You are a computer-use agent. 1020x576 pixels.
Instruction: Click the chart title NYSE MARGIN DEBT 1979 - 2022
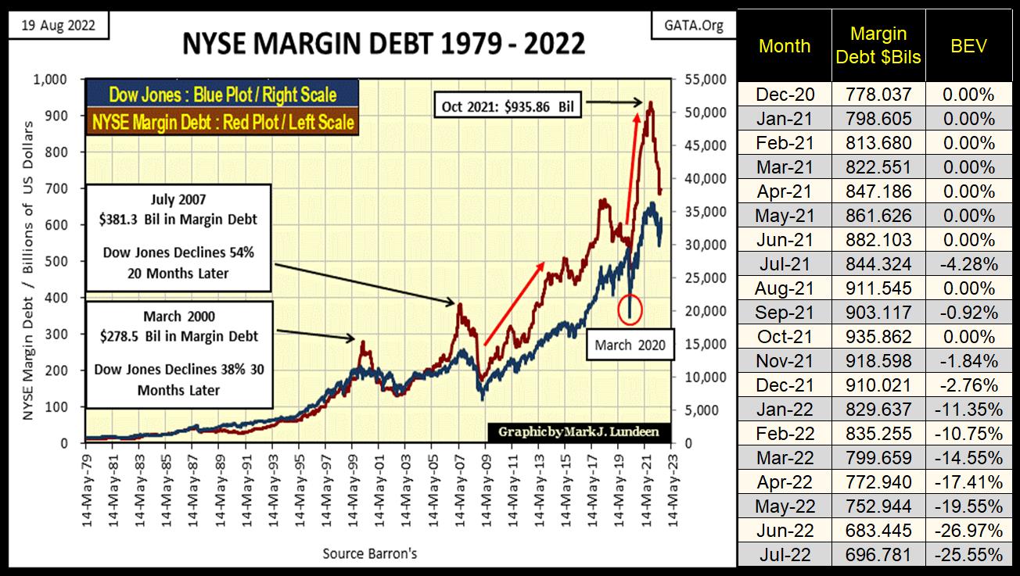click(383, 43)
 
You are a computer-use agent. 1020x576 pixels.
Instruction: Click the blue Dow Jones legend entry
click(222, 95)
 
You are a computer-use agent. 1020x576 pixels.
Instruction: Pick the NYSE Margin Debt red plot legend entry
click(222, 122)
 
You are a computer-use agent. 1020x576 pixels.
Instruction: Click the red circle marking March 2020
click(630, 309)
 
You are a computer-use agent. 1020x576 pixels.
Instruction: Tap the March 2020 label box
click(630, 344)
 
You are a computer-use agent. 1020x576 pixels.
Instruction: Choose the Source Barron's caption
click(370, 553)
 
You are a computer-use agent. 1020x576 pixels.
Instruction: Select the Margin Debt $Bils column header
click(879, 45)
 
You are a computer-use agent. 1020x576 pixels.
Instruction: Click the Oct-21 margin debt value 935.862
click(879, 337)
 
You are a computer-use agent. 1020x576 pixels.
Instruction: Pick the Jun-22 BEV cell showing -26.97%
click(972, 531)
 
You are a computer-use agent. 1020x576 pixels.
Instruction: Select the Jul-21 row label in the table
click(785, 264)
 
